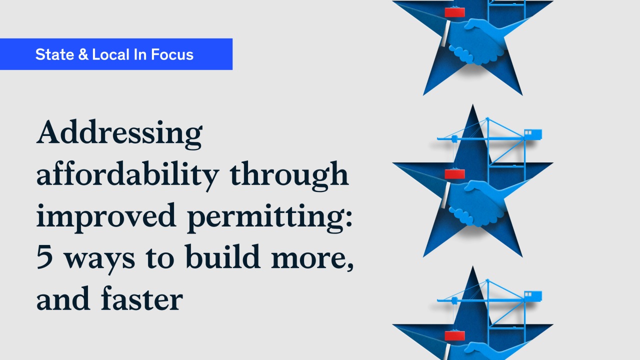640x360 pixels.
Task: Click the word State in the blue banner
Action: (x=55, y=54)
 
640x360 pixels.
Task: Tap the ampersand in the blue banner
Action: (x=83, y=54)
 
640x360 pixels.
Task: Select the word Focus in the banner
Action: (x=172, y=54)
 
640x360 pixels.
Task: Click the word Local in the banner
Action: (x=111, y=54)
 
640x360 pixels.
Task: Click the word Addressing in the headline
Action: (x=119, y=133)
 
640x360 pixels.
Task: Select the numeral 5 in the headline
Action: (x=45, y=256)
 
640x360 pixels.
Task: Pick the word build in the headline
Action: (x=223, y=256)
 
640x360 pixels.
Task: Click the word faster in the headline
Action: (x=142, y=298)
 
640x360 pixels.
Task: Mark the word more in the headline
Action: (x=312, y=258)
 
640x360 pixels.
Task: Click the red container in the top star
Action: (x=454, y=12)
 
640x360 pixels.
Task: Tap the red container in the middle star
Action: (x=454, y=174)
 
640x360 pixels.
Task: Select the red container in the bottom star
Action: (x=454, y=335)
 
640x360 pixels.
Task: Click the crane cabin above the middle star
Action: (x=533, y=134)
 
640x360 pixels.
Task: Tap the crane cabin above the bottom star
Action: (x=533, y=296)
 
